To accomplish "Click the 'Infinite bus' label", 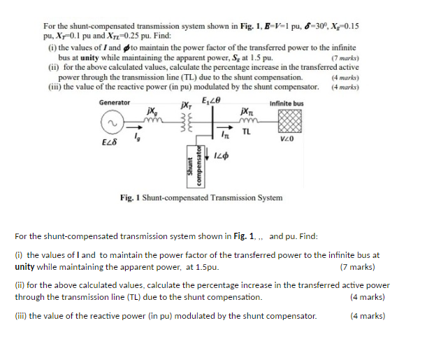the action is [286, 103].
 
